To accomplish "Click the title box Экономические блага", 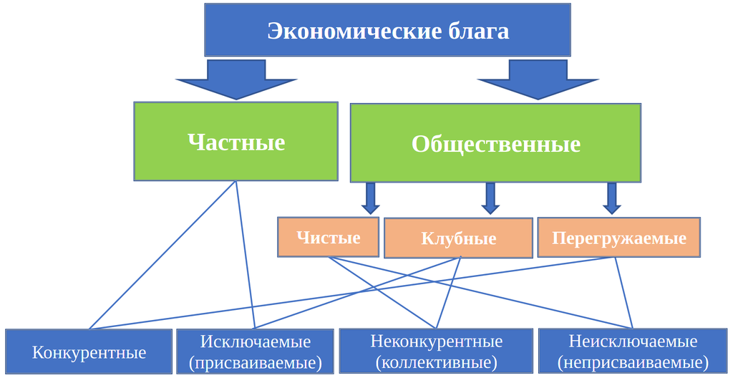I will [x=387, y=30].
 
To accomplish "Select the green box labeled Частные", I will [x=236, y=141].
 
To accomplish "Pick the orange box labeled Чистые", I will [x=328, y=237].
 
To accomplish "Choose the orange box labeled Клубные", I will [x=458, y=238].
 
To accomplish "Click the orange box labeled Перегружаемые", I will [x=618, y=238].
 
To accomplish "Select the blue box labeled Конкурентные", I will [x=89, y=352].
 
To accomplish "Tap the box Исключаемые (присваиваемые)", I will [x=255, y=352].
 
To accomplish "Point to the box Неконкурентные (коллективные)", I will [x=436, y=352].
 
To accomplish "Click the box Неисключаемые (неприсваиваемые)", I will [x=633, y=352].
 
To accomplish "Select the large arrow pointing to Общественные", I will [x=537, y=78].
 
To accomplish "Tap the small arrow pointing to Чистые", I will [x=370, y=198].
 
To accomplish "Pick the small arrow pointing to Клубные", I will [x=490, y=198].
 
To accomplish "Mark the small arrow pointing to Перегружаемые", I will [x=611, y=198].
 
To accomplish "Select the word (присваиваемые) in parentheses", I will [x=255, y=363].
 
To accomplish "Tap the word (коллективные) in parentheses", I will [x=436, y=363].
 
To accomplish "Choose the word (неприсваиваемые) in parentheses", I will [x=633, y=363].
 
